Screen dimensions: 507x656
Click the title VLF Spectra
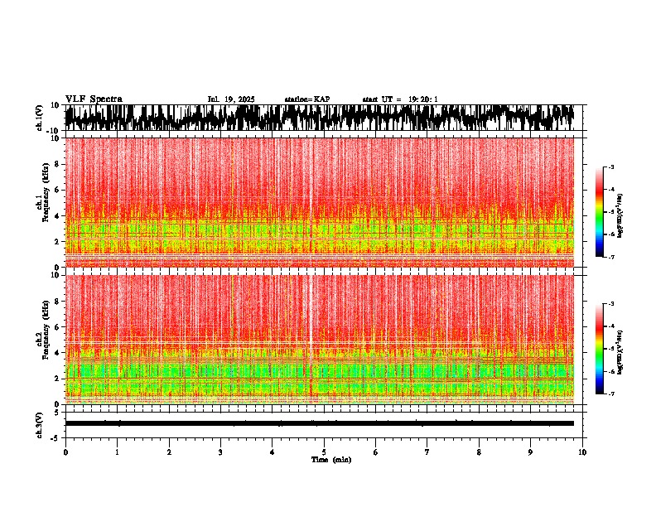(94, 99)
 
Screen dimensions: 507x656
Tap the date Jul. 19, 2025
(230, 99)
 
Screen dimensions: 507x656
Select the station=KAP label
(307, 99)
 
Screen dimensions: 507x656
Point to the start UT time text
(400, 99)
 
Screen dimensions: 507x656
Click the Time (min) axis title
(330, 459)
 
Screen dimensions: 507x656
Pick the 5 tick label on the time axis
(324, 451)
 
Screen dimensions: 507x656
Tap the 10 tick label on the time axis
(582, 451)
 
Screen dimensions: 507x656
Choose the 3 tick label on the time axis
(220, 451)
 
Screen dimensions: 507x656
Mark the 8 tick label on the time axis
(479, 451)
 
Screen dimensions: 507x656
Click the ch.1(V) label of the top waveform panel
(40, 118)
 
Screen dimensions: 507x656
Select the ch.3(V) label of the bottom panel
(40, 423)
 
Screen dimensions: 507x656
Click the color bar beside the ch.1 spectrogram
(600, 212)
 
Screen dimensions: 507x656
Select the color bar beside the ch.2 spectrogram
(600, 349)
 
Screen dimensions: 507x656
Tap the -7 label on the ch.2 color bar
(611, 394)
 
